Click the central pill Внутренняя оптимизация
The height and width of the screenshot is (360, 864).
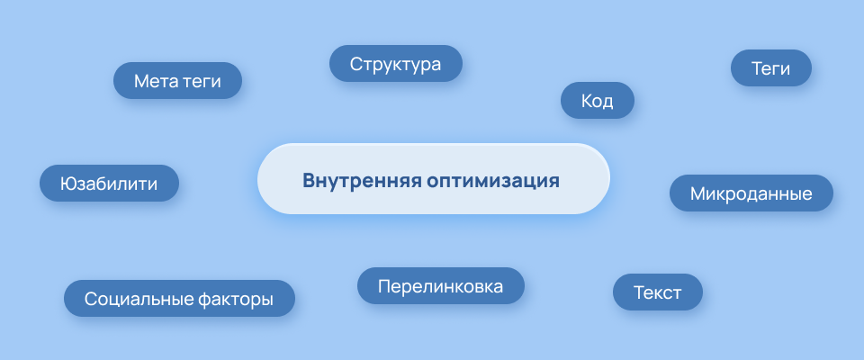pyautogui.click(x=433, y=179)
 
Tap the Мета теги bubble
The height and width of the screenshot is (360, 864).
pyautogui.click(x=178, y=81)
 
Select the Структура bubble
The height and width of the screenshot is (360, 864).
pyautogui.click(x=395, y=64)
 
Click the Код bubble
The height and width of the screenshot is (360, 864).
pyautogui.click(x=598, y=101)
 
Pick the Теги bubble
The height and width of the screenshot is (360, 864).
pyautogui.click(x=771, y=68)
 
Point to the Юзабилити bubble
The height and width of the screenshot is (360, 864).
pyautogui.click(x=109, y=184)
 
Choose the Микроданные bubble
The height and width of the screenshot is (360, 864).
pyautogui.click(x=751, y=193)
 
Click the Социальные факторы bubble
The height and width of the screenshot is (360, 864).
pyautogui.click(x=179, y=299)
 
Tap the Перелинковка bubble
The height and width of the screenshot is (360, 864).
pyautogui.click(x=440, y=286)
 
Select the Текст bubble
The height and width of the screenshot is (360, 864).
pyautogui.click(x=657, y=292)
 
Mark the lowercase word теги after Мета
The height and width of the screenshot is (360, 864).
pyautogui.click(x=202, y=81)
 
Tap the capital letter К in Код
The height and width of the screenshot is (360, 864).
pyautogui.click(x=586, y=101)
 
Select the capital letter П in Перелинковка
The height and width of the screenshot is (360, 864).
pyautogui.click(x=384, y=286)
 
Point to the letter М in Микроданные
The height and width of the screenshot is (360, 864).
pyautogui.click(x=697, y=193)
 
